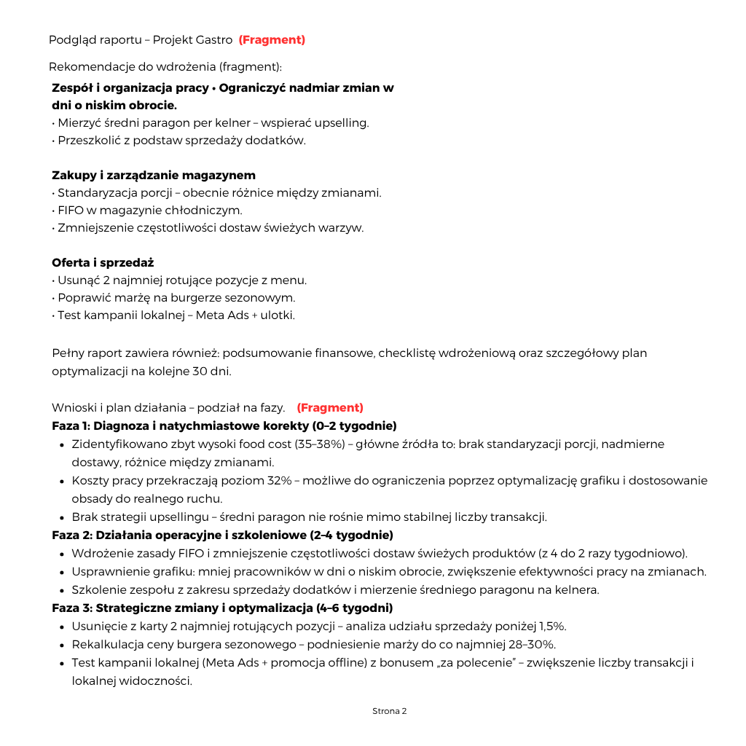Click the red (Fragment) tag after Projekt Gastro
pos(272,40)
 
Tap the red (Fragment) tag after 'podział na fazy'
pos(330,408)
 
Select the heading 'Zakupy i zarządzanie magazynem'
pos(154,176)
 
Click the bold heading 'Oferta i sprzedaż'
pos(103,263)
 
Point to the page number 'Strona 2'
pos(390,711)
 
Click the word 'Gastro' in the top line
pos(213,40)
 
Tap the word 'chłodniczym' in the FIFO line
pos(208,211)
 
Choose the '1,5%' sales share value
pos(551,627)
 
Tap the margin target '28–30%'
pos(531,645)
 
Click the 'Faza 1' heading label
pos(70,426)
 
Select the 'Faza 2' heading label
pos(71,535)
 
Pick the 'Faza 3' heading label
pos(71,608)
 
